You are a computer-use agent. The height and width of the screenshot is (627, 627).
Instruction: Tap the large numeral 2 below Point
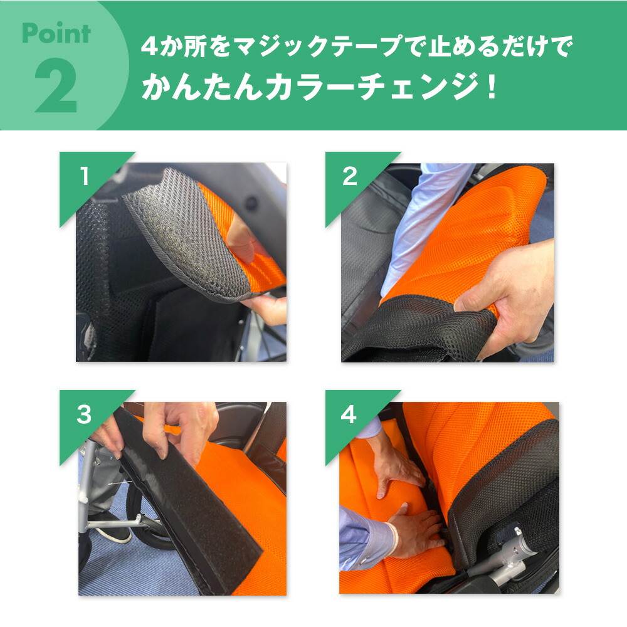point(56,87)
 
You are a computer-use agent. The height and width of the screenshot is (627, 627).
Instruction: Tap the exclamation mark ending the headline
point(490,88)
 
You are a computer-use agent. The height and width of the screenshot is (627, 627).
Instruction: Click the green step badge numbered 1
point(84,177)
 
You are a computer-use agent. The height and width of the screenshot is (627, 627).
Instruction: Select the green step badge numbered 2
point(349,177)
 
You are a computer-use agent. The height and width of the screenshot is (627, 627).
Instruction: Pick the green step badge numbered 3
point(84,414)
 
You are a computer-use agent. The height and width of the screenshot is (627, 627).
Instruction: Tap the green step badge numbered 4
point(349,414)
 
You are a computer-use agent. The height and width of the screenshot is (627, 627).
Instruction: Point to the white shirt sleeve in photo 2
point(426,219)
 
